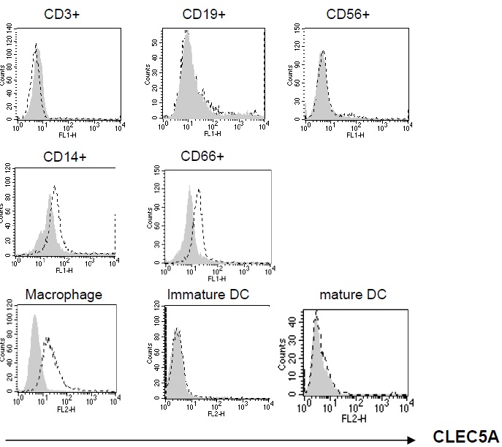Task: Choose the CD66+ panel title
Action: pos(203,156)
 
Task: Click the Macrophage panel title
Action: pos(64,295)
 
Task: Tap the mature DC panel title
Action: pos(353,295)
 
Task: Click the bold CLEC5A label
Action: pos(464,438)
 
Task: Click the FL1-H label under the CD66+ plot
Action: pos(214,279)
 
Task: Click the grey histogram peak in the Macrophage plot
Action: pos(33,315)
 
